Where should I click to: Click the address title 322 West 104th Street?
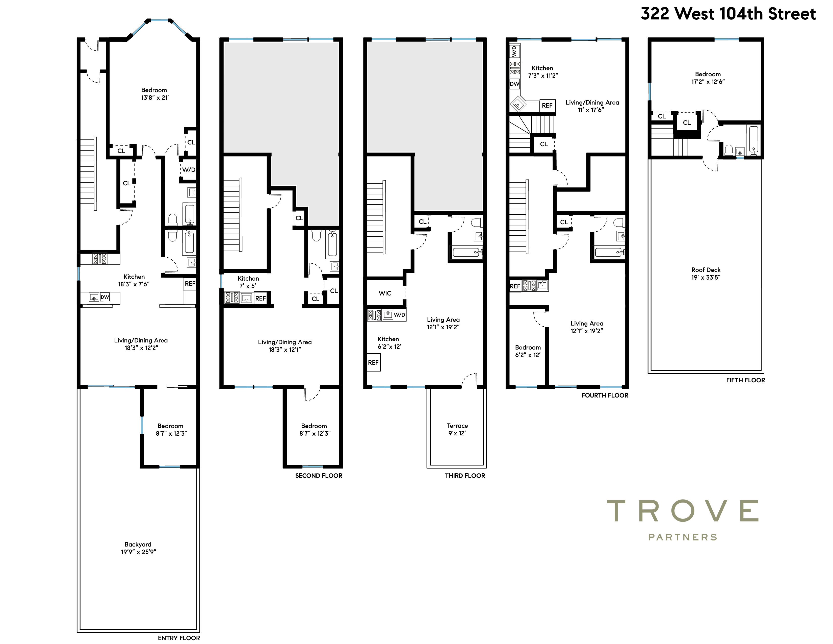click(x=728, y=14)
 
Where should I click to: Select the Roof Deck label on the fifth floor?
click(x=706, y=270)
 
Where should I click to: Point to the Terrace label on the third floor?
click(x=457, y=426)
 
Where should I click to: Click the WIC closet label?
click(x=385, y=293)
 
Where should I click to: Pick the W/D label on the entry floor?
click(x=188, y=170)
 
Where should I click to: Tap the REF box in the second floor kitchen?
click(x=261, y=298)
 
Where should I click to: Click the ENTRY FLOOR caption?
click(x=179, y=638)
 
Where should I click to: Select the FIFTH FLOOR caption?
click(x=746, y=380)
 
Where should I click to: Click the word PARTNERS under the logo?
click(x=683, y=537)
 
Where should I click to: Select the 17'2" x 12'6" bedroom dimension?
click(x=708, y=82)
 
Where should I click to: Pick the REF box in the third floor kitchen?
click(x=373, y=362)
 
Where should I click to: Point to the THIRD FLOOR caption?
click(x=465, y=476)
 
